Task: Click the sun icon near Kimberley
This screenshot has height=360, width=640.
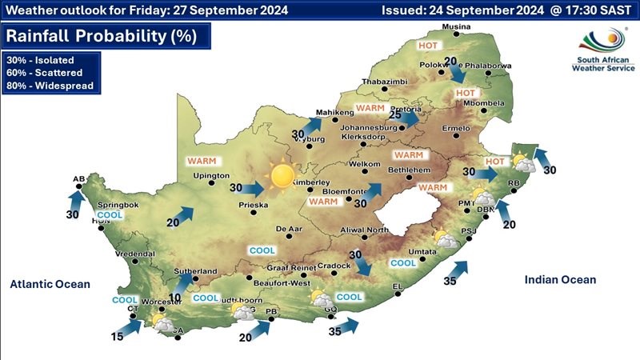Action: pyautogui.click(x=282, y=175)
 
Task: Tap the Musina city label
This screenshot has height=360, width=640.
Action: pyautogui.click(x=457, y=27)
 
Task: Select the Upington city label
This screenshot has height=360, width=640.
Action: pyautogui.click(x=211, y=175)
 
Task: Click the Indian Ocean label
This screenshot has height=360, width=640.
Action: pyautogui.click(x=560, y=279)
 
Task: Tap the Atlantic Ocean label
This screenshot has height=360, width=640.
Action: pyautogui.click(x=50, y=284)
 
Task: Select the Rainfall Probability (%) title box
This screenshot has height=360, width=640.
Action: pyautogui.click(x=107, y=36)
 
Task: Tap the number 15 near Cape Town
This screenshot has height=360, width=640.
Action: pyautogui.click(x=117, y=337)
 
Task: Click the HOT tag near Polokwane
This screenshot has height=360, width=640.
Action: pyautogui.click(x=430, y=46)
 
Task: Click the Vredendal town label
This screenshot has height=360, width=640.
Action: pyautogui.click(x=134, y=254)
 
